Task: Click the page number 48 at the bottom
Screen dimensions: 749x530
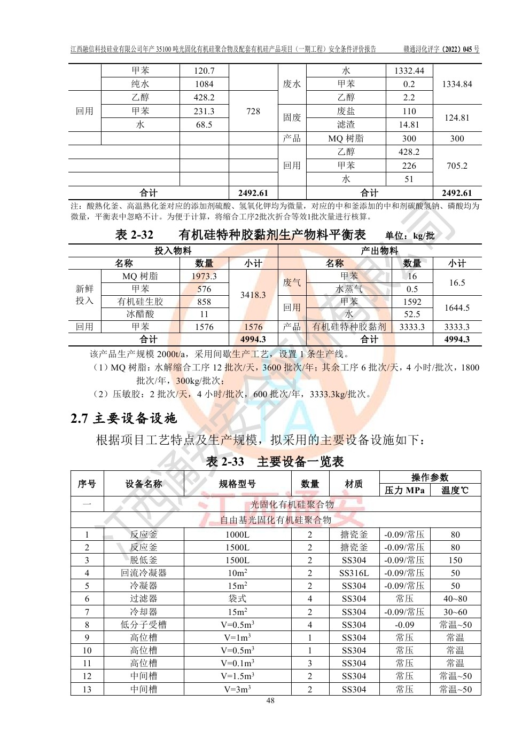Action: point(270,700)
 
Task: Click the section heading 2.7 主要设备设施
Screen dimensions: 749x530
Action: point(123,418)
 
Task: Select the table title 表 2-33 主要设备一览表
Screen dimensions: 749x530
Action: point(275,462)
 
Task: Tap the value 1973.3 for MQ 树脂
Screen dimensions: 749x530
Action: point(204,276)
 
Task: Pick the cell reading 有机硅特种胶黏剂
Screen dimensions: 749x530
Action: point(349,327)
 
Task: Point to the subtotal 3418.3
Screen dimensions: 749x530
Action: point(253,295)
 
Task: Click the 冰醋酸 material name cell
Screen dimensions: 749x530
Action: point(140,314)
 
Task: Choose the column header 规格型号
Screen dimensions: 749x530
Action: point(237,484)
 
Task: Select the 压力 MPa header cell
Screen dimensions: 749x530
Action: point(404,490)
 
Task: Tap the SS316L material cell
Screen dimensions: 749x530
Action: point(354,573)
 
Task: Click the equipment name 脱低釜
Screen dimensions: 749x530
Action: point(144,560)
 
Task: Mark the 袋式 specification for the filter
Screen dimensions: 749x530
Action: point(237,598)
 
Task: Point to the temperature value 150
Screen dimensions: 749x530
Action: point(455,560)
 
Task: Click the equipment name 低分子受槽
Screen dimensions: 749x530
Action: point(144,625)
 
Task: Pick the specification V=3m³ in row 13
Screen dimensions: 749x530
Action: point(237,689)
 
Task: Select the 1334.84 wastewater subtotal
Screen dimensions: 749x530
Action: point(457,84)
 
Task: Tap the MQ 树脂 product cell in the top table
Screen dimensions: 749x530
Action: point(346,138)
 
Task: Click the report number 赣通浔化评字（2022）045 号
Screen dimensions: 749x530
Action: point(441,49)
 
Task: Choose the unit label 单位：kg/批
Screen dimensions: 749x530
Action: point(410,235)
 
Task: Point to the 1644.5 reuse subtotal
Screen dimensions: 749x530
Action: point(457,308)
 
